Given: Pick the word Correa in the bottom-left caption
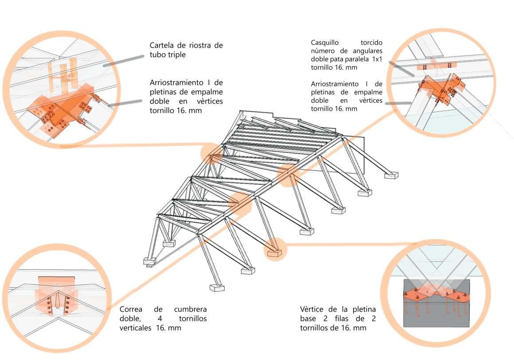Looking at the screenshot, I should tap(132, 309).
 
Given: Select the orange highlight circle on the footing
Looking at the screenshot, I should tap(275, 249).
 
